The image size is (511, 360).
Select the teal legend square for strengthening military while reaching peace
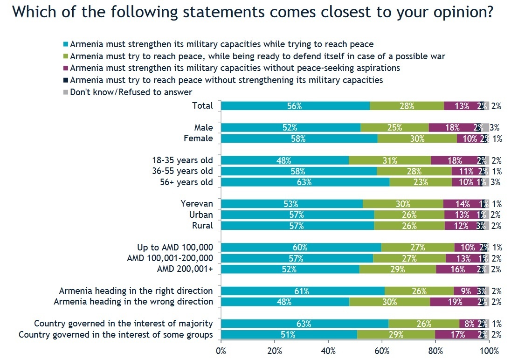point(66,45)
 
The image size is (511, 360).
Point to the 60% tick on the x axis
point(382,350)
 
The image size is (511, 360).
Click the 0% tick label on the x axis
point(221,350)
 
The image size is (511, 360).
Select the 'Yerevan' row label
point(197,204)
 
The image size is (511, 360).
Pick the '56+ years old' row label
point(186,182)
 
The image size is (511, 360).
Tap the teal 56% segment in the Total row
point(295,106)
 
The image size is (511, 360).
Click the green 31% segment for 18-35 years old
point(390,160)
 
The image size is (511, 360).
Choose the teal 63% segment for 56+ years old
point(305,182)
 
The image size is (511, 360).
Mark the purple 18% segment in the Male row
point(452,127)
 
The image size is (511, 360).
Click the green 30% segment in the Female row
point(417,138)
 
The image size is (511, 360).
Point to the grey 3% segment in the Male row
point(485,127)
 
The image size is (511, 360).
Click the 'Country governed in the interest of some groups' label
point(115,335)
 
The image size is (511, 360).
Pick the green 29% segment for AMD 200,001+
point(398,269)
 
